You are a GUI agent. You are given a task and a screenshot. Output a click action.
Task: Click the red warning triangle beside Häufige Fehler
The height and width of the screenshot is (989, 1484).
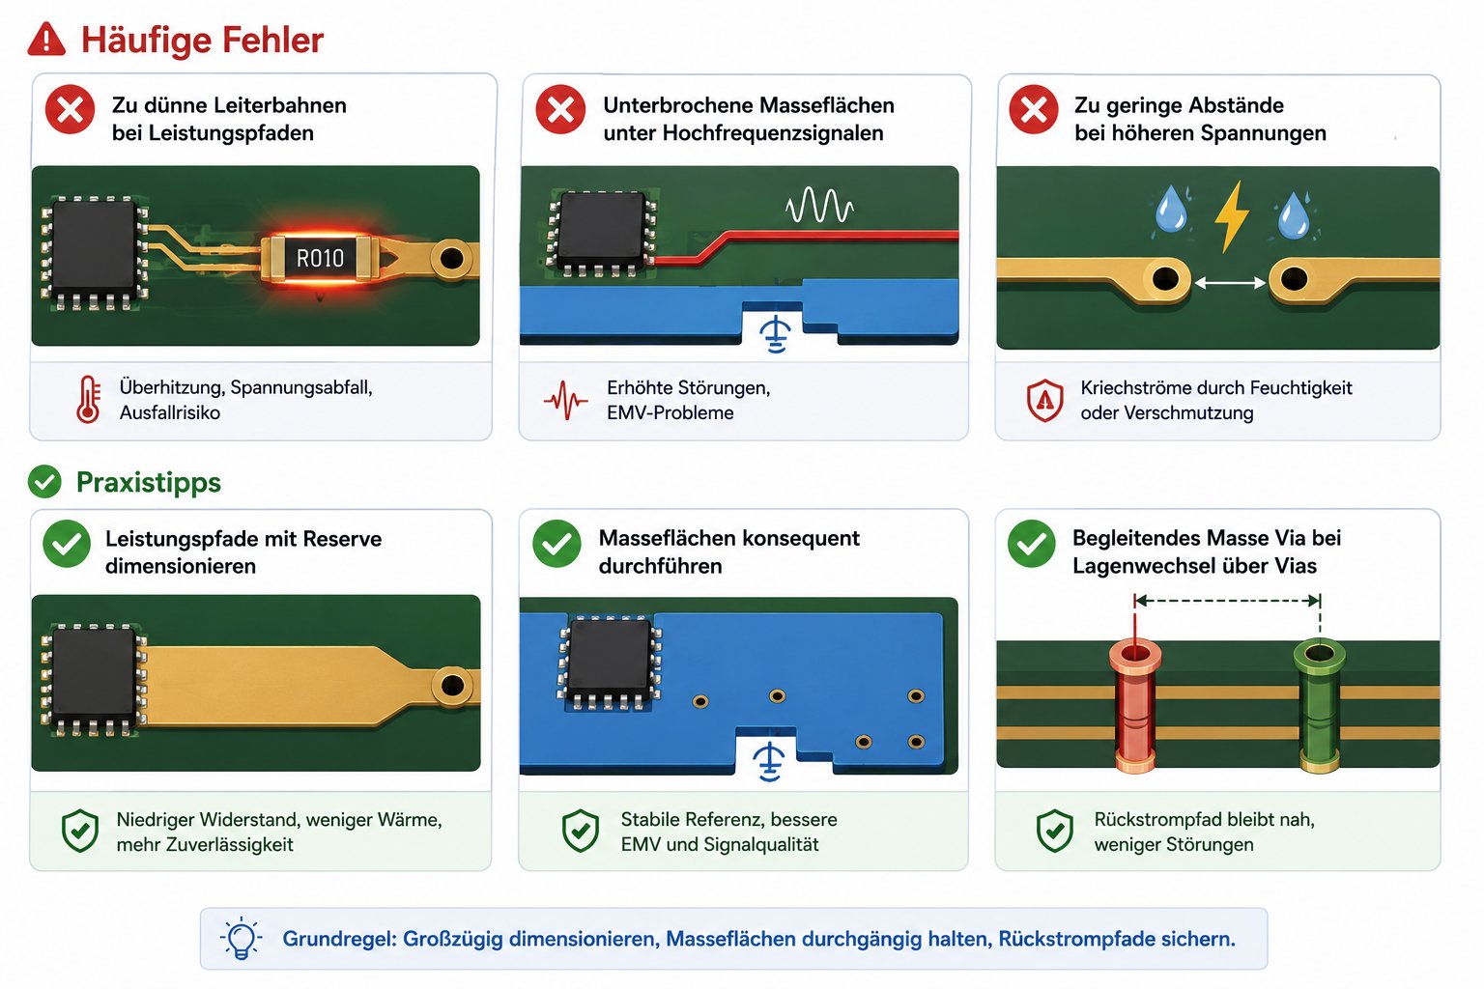pos(46,39)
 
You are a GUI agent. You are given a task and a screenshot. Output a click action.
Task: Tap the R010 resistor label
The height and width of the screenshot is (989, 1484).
pos(320,258)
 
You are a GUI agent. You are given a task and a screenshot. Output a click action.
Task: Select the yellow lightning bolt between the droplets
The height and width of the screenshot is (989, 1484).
pos(1232,216)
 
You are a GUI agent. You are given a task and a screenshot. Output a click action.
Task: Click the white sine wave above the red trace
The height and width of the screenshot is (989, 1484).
pos(819,206)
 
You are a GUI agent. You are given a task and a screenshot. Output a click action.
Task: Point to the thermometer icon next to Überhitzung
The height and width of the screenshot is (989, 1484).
pos(88,399)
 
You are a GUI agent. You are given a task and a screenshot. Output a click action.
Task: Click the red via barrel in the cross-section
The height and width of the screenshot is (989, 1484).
pos(1135,705)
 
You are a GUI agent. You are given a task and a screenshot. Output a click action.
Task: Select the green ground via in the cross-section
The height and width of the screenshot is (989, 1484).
pos(1319,705)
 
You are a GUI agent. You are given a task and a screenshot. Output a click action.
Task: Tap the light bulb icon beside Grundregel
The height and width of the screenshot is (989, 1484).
pos(242,938)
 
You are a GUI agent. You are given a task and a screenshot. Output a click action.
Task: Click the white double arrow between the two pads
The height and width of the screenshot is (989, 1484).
pos(1230,283)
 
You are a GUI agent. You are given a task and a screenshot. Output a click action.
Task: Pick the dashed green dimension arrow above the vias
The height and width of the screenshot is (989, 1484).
pos(1227,601)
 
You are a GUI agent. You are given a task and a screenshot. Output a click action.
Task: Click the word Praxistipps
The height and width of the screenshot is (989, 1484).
pos(149,482)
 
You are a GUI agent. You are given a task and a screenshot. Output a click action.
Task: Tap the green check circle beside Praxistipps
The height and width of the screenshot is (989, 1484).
pos(44,482)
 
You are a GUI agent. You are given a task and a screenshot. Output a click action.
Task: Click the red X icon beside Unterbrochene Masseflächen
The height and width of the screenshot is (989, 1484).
pos(560,110)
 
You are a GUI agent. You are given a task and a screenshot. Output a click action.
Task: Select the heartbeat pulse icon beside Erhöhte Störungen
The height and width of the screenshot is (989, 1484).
pos(565,400)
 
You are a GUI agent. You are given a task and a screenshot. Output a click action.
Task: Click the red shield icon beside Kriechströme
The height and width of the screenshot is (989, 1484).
pos(1044,400)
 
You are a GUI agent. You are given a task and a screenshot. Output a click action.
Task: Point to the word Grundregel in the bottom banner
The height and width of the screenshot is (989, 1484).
pos(339,939)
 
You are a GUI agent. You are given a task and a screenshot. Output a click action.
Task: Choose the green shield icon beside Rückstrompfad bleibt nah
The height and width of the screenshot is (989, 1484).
pos(1055,831)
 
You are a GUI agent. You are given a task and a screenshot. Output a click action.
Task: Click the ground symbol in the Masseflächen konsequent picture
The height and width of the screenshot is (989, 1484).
pos(769,762)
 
